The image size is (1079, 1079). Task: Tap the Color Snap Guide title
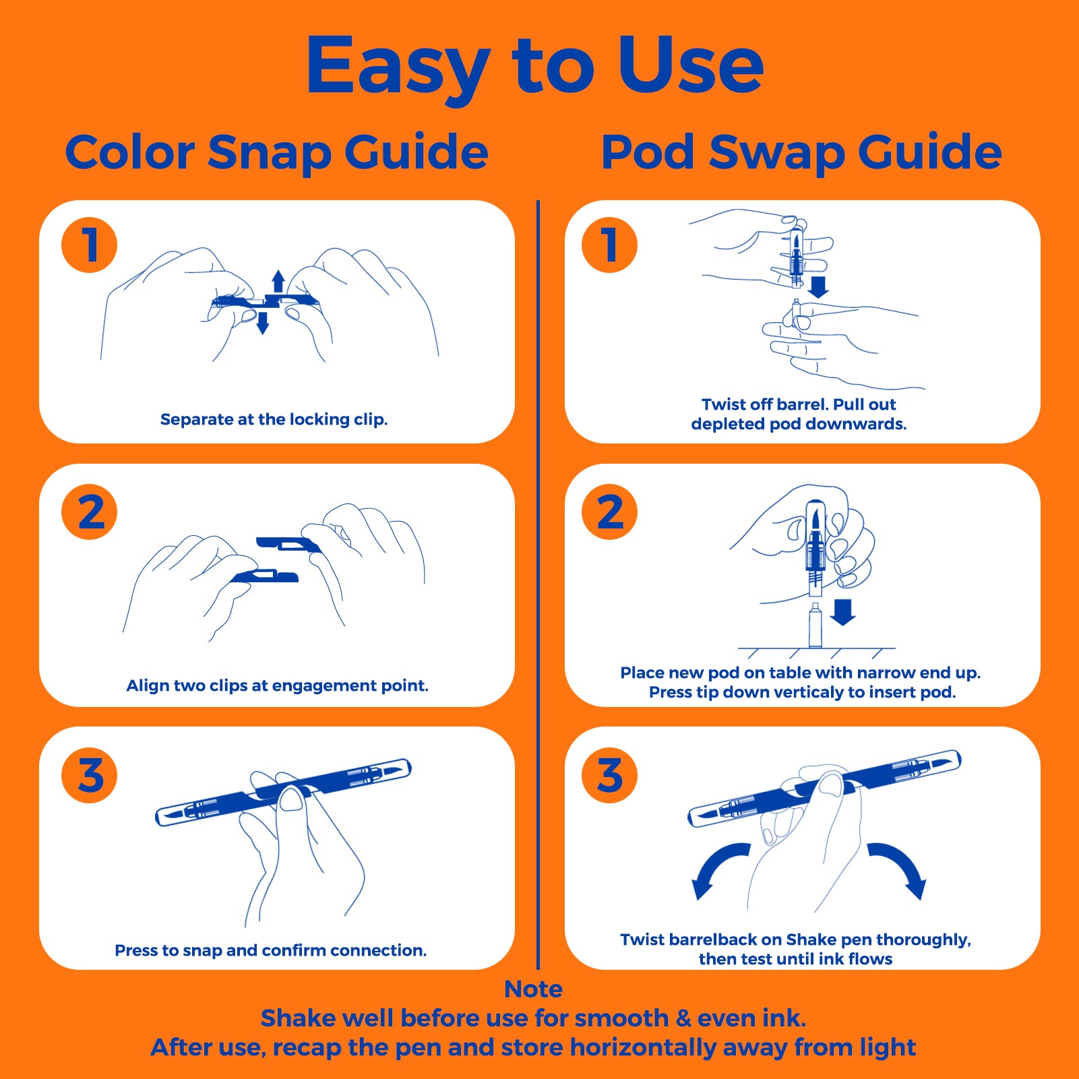click(276, 153)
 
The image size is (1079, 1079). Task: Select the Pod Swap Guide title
click(801, 153)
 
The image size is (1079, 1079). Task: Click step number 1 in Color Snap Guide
click(89, 245)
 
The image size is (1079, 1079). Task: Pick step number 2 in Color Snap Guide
click(89, 512)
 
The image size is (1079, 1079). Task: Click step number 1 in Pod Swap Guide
click(609, 245)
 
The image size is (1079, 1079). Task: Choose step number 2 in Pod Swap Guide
click(609, 512)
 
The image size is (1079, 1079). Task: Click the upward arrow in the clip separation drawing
click(278, 281)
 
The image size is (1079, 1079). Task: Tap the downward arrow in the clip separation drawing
click(263, 322)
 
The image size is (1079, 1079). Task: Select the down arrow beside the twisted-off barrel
click(818, 286)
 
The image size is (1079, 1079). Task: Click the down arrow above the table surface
click(842, 612)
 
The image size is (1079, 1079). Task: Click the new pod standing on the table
click(815, 625)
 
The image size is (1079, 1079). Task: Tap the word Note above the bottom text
click(533, 989)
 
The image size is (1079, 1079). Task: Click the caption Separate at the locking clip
click(274, 419)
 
